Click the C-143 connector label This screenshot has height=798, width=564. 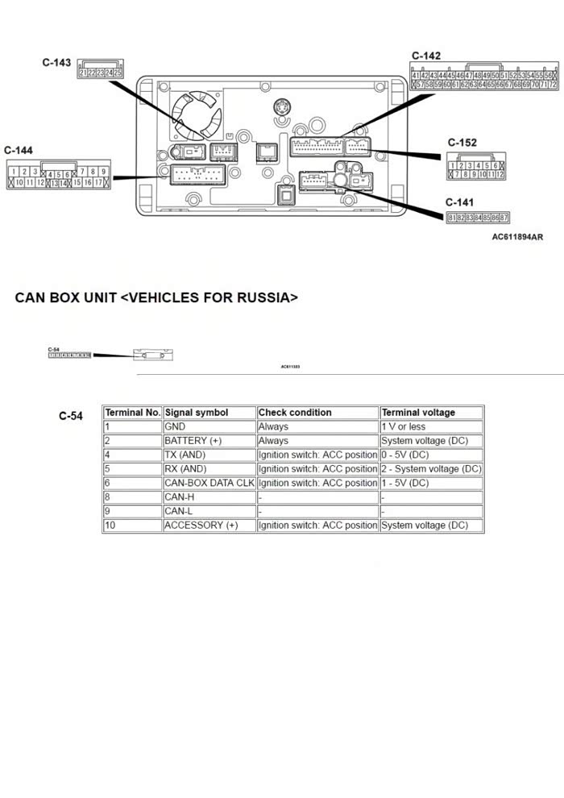[x=56, y=62]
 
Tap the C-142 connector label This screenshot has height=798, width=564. [x=426, y=56]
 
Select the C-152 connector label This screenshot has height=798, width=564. [x=462, y=143]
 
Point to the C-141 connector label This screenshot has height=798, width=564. [x=460, y=203]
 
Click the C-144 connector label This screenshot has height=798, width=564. [x=19, y=151]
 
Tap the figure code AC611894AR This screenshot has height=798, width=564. [x=517, y=238]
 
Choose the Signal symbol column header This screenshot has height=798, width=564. [x=196, y=413]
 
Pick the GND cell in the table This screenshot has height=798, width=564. [x=175, y=426]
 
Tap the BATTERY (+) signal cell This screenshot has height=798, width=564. [x=193, y=441]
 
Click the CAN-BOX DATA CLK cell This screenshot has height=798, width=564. [x=209, y=483]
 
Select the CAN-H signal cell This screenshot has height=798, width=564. [x=179, y=497]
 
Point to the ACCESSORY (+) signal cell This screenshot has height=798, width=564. [x=201, y=526]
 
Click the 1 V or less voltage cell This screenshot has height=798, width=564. [x=403, y=426]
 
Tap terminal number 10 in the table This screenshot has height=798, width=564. [x=110, y=526]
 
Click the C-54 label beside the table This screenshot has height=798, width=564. [x=71, y=417]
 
